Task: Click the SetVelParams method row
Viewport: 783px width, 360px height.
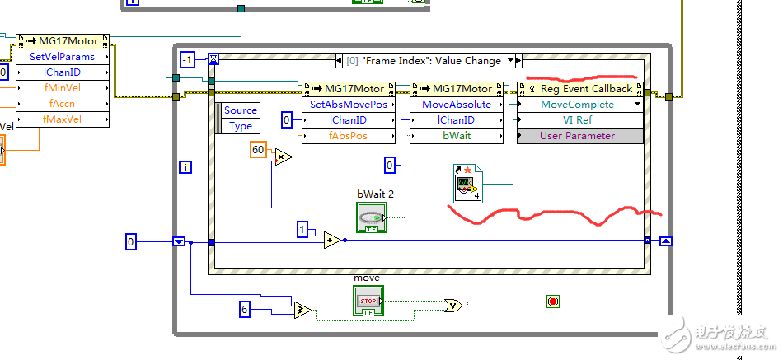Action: tap(62, 57)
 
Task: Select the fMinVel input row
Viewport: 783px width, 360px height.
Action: tap(62, 88)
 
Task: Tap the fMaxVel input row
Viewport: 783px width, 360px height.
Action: tap(62, 119)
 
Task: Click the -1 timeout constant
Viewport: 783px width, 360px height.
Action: tap(188, 59)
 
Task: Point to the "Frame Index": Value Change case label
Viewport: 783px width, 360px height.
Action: tap(429, 60)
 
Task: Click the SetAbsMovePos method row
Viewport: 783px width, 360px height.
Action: tap(348, 105)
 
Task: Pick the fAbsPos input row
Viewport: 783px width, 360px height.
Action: tap(348, 136)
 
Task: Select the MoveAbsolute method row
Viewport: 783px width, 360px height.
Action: tap(456, 105)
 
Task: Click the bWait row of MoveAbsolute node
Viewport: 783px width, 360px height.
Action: tap(456, 136)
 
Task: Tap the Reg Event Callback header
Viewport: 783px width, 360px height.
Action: tap(580, 89)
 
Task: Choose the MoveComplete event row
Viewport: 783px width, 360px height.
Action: tap(577, 105)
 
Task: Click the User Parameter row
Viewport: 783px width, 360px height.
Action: tap(577, 136)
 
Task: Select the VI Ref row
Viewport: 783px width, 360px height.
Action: tap(577, 120)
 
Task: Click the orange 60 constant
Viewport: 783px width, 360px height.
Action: tap(259, 149)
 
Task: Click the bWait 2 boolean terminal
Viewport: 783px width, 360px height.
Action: tap(371, 217)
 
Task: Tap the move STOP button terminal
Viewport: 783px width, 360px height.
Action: tap(368, 302)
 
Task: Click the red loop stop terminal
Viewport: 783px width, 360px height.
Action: tap(552, 302)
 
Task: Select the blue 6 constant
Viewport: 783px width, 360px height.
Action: tap(245, 310)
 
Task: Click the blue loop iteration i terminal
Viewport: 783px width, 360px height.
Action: tap(186, 167)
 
